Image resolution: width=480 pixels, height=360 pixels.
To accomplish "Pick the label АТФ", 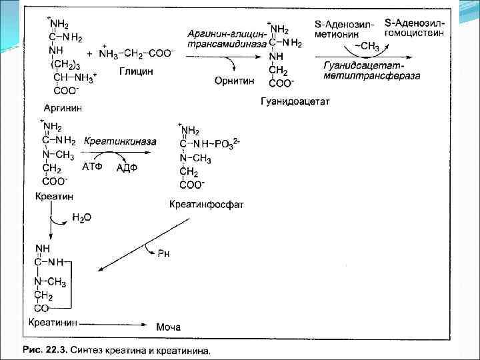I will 92,167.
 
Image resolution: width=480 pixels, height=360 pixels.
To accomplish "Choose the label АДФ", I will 125,168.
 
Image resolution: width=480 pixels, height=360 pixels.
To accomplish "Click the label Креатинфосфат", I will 207,204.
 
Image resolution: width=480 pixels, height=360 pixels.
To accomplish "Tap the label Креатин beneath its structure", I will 54,197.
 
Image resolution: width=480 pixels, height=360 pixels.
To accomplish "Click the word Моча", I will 168,327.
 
